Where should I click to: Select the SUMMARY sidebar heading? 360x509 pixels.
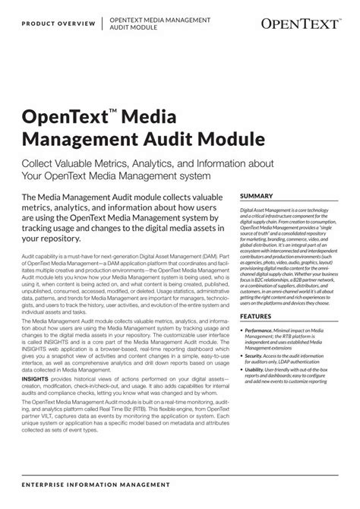[259, 195]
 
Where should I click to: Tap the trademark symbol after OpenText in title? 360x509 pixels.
[113, 111]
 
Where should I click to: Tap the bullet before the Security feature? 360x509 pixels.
[242, 366]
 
